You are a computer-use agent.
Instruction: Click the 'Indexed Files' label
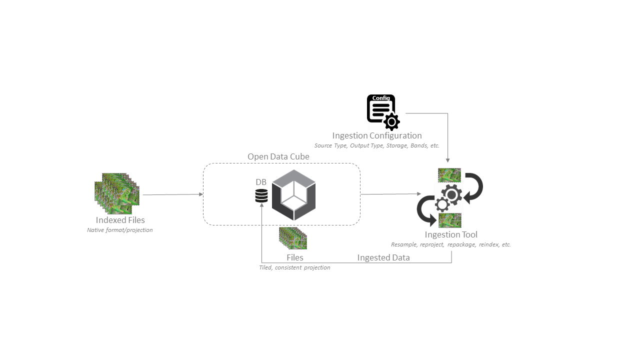point(120,220)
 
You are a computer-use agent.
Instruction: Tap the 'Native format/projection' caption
point(119,230)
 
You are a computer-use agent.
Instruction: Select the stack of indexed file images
point(117,193)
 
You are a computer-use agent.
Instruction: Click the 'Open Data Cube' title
point(278,156)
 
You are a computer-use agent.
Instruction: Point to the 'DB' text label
point(261,182)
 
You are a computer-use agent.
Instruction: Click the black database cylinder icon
point(261,195)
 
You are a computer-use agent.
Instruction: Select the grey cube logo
point(293,195)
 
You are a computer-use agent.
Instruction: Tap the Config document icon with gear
point(383,112)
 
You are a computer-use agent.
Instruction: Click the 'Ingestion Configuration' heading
point(377,135)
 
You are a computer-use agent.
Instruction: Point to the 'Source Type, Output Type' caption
point(377,145)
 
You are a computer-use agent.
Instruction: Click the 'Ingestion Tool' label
point(451,234)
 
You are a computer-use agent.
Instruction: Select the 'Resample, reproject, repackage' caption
point(451,244)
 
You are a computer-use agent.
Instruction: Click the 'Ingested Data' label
point(383,257)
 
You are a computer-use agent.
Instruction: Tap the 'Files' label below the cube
point(295,257)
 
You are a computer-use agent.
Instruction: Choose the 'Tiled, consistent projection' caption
point(294,267)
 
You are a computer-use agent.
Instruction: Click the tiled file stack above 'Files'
point(293,238)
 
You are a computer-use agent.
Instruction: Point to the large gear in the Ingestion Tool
point(451,195)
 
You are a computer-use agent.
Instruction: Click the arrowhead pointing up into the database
point(261,204)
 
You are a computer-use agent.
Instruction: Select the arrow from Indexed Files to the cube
point(173,194)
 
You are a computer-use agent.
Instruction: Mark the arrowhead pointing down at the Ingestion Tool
point(447,160)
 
